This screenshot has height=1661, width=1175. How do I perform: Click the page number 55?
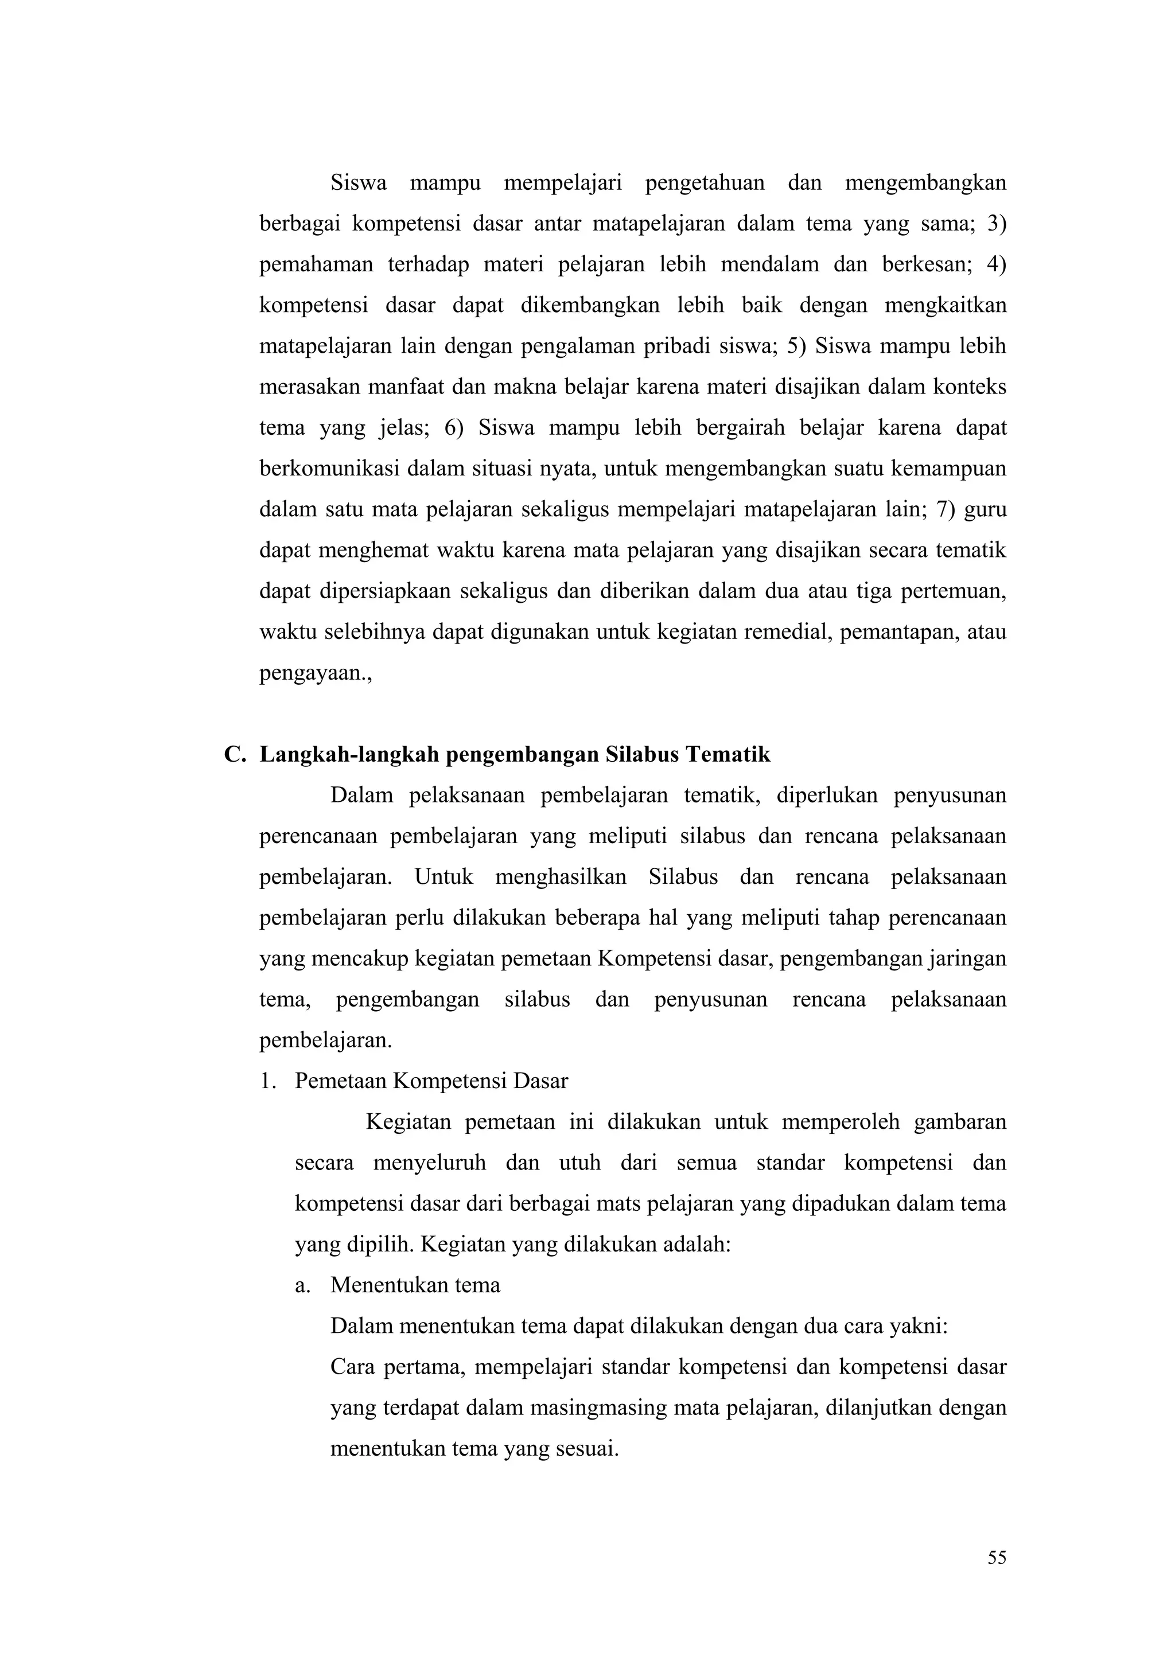tap(997, 1558)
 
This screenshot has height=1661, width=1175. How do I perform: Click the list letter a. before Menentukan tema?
tap(302, 1285)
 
